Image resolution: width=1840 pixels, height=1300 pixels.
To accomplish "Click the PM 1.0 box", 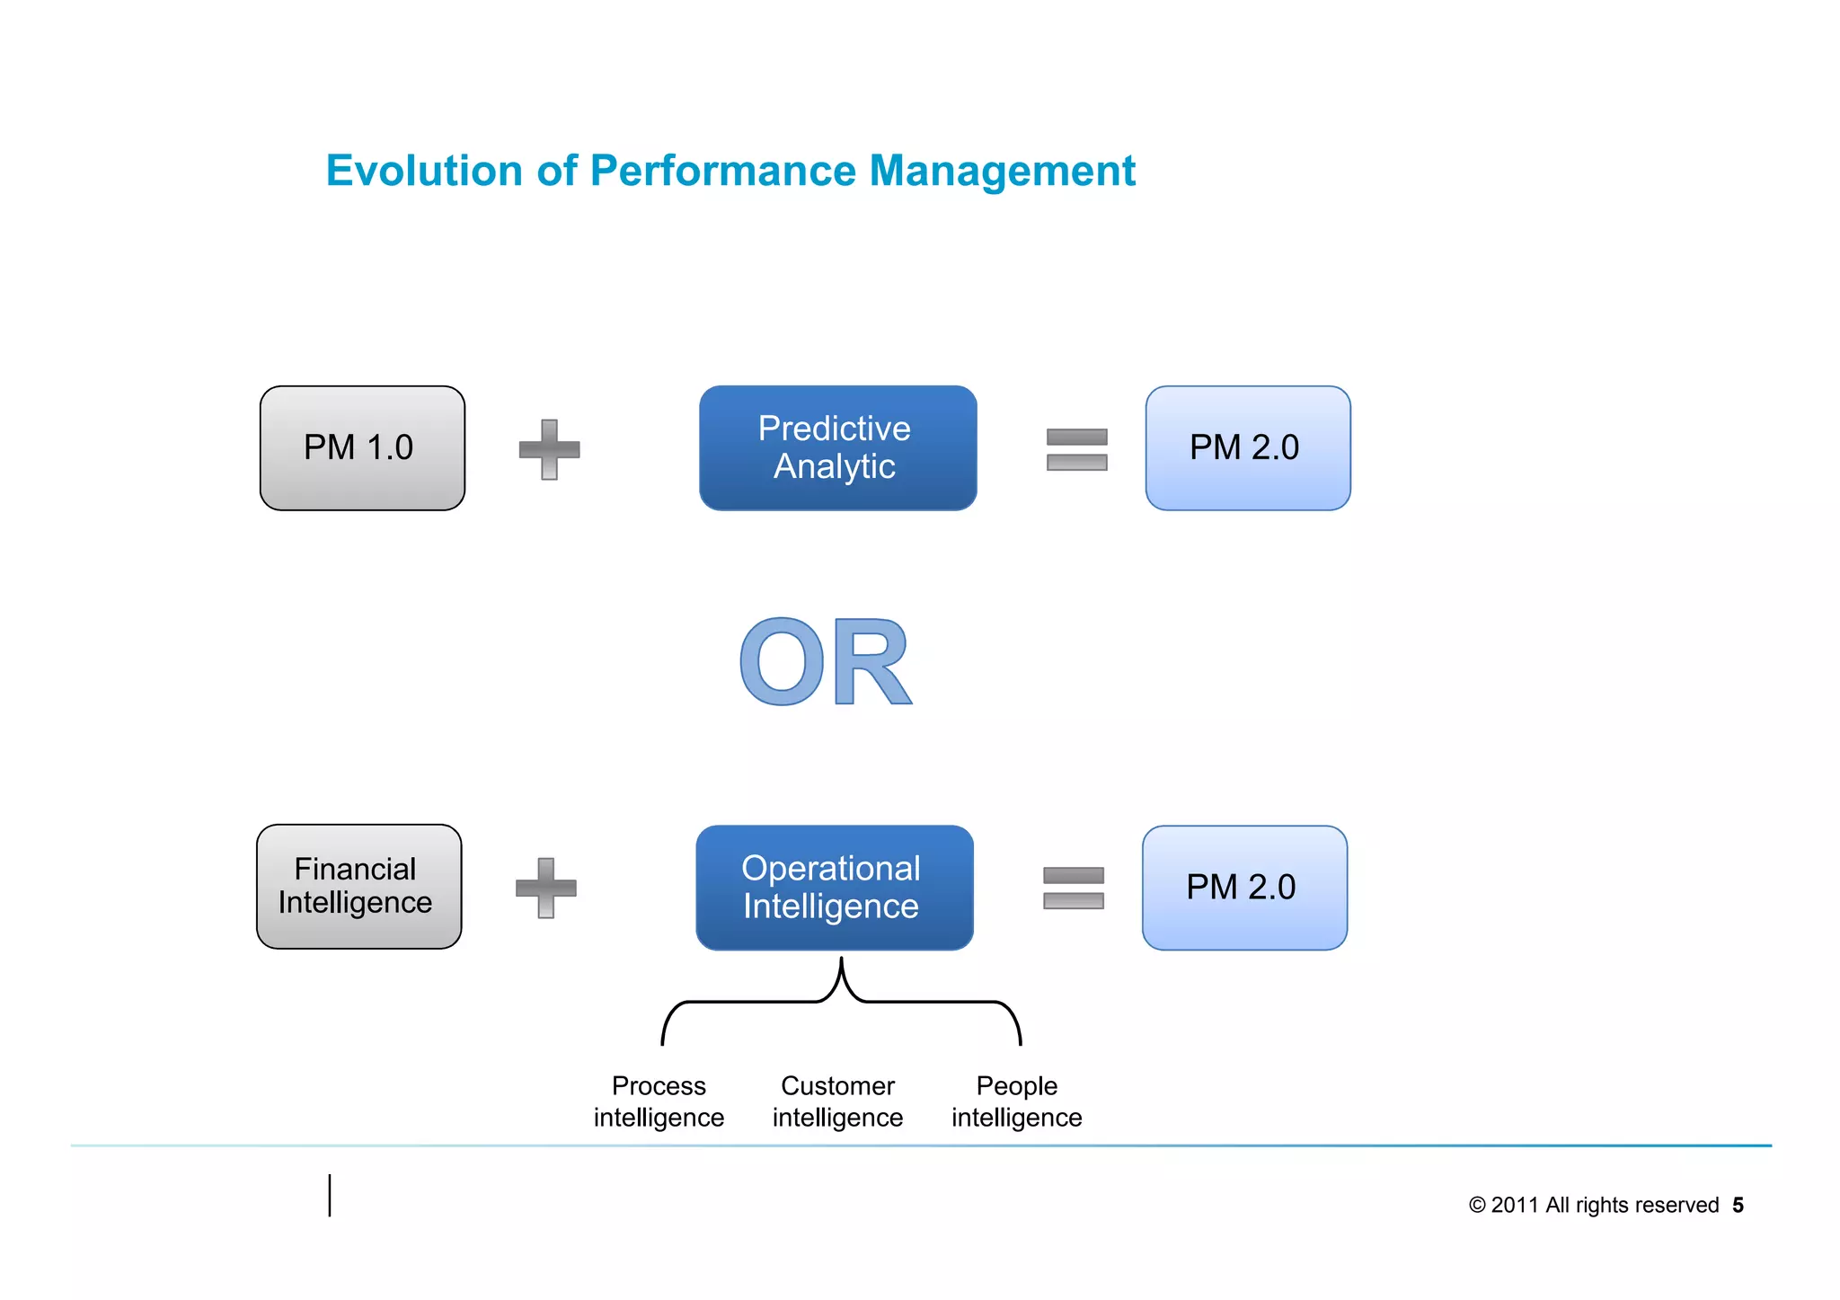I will pyautogui.click(x=362, y=448).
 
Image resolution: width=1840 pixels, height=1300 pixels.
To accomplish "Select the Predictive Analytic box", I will pyautogui.click(x=837, y=448).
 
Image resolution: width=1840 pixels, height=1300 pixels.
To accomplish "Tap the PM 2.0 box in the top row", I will pyautogui.click(x=1247, y=448).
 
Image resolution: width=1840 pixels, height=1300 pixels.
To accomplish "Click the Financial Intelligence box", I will pyautogui.click(x=358, y=887).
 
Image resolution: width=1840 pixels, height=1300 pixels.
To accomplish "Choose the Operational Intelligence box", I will pyautogui.click(x=834, y=888).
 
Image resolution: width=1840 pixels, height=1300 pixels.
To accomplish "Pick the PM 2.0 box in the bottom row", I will pyautogui.click(x=1243, y=888).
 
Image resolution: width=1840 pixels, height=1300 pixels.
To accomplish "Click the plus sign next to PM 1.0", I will pyautogui.click(x=549, y=449).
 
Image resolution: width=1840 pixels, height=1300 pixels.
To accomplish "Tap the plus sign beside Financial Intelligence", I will pyautogui.click(x=545, y=888).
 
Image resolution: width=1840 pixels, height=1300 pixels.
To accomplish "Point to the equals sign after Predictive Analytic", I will pyautogui.click(x=1076, y=449).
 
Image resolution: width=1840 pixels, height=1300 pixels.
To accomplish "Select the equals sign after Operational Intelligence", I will pyautogui.click(x=1073, y=888).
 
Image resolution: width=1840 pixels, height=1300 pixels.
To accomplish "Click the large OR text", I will pyautogui.click(x=825, y=663).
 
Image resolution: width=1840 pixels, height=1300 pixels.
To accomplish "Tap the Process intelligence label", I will pyautogui.click(x=659, y=1101).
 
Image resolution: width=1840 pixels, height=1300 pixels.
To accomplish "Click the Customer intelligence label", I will pyautogui.click(x=837, y=1101).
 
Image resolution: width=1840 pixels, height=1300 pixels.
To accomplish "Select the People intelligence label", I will pyautogui.click(x=1016, y=1101).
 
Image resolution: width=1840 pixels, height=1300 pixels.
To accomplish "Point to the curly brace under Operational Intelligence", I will pyautogui.click(x=841, y=1000).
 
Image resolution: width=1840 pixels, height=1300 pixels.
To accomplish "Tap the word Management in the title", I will pyautogui.click(x=1002, y=171).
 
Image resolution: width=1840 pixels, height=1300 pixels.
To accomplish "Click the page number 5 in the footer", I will pyautogui.click(x=1738, y=1205).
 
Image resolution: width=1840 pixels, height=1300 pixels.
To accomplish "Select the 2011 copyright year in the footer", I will pyautogui.click(x=1514, y=1205).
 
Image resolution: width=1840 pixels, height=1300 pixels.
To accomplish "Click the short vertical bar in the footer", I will pyautogui.click(x=330, y=1195).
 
